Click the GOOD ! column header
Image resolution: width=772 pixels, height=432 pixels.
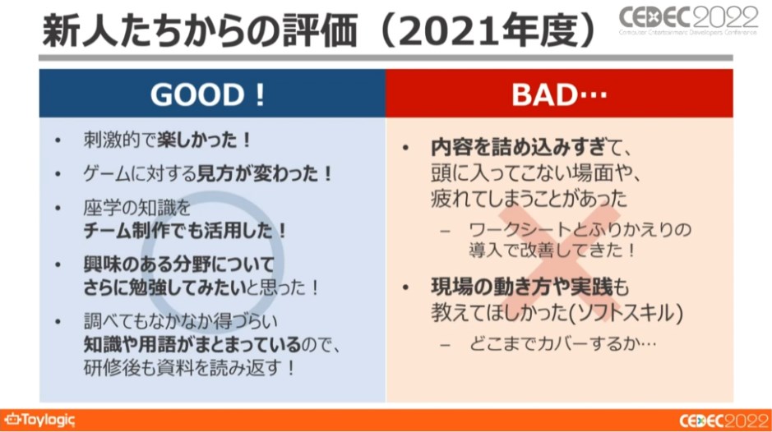207,94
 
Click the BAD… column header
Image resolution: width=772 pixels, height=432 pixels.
559,94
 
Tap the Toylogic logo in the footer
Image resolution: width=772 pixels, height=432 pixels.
39,421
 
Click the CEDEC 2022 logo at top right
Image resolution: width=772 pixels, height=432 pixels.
688,21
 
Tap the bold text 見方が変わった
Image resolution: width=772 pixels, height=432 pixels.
257,173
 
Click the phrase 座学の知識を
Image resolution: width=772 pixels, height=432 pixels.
136,208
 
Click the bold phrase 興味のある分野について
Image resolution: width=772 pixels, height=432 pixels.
178,264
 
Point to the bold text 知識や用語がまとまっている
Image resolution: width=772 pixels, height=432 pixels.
192,344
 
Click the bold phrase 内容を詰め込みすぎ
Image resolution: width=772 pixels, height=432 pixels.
518,147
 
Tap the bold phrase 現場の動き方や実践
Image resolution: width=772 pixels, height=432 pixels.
522,287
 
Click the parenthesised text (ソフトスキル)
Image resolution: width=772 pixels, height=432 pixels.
626,312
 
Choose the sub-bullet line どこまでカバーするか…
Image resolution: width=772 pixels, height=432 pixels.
562,343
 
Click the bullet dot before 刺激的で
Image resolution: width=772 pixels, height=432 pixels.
58,141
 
